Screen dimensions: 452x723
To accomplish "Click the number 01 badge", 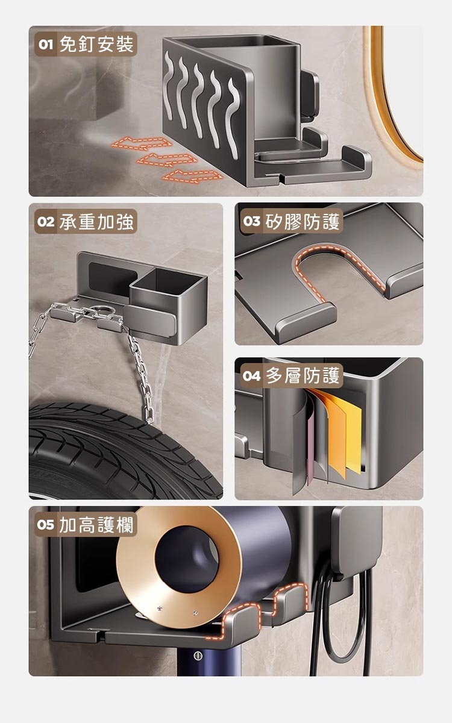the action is pos(46,44).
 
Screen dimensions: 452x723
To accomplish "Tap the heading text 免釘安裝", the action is pos(96,44).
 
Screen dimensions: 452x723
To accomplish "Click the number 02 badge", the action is pos(46,222).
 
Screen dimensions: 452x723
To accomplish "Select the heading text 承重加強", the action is pos(96,222).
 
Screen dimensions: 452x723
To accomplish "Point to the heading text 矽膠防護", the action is pos(303,221).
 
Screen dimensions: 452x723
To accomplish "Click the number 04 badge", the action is pos(251,376).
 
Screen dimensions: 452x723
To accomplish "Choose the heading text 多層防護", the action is pos(303,376).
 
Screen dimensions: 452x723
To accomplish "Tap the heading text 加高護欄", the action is pos(96,525).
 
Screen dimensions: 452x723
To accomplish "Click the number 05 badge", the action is pos(46,525).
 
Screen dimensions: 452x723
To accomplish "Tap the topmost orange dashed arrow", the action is pos(142,143).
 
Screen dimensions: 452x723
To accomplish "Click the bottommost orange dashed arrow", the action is pos(192,176).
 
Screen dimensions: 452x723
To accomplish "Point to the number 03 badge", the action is pos(251,221).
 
